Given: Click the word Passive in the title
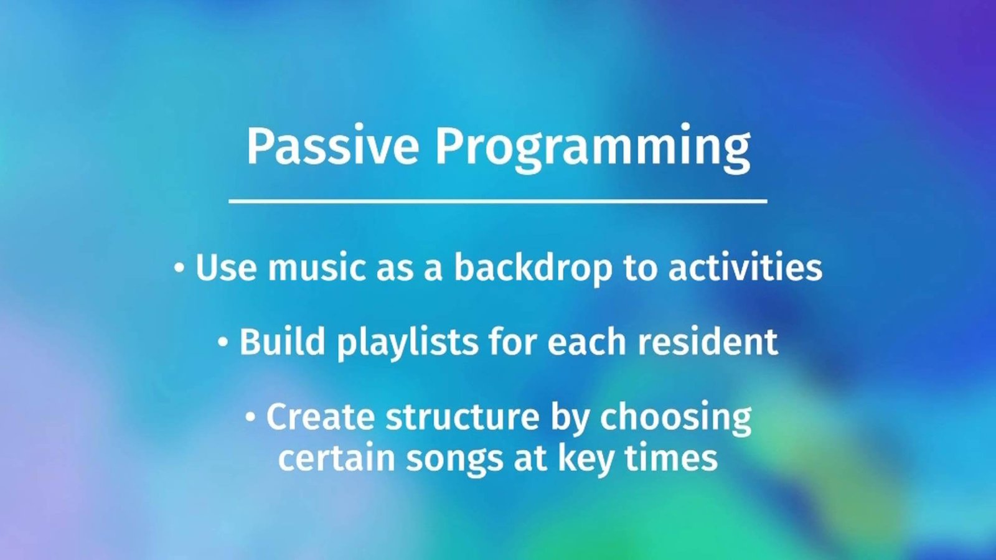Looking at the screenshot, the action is coord(332,146).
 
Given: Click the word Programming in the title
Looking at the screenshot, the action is coord(593,149).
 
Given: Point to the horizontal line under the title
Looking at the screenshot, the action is coord(497,202).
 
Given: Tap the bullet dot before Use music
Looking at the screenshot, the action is coord(179,268).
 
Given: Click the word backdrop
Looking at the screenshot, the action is coord(533,268).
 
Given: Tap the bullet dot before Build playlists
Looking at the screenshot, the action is coord(223,342).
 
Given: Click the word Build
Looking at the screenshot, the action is coord(282,342).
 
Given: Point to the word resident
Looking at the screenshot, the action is coord(708,342).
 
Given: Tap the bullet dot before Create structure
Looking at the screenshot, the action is coord(251,417).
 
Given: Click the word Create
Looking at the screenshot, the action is coord(320,416).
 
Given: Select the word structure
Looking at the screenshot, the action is coord(463,416).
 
